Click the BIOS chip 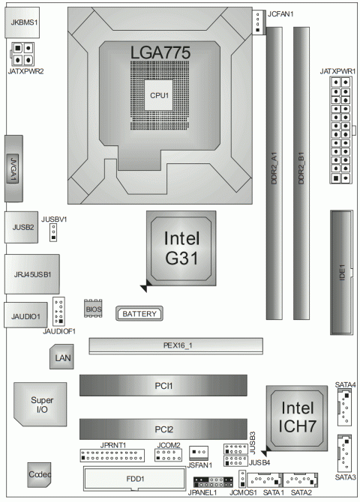pyautogui.click(x=93, y=309)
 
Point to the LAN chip pyautogui.click(x=63, y=360)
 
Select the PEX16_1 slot pyautogui.click(x=175, y=345)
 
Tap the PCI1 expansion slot pyautogui.click(x=164, y=387)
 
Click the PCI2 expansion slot pyautogui.click(x=164, y=429)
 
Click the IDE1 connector pyautogui.click(x=342, y=272)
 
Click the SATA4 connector pyautogui.click(x=345, y=410)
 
